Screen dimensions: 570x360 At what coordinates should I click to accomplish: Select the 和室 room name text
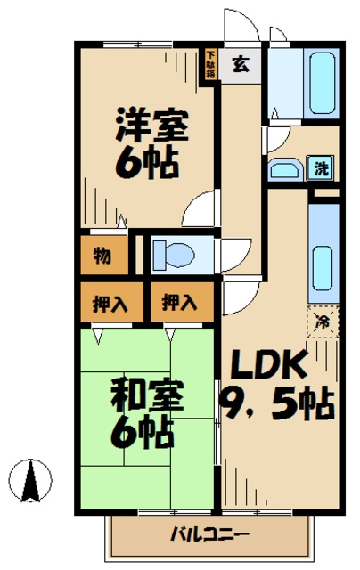pyautogui.click(x=149, y=395)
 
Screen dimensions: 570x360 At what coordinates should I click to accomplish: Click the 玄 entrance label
pyautogui.click(x=240, y=63)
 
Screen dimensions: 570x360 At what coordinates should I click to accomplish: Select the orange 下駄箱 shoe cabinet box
pyautogui.click(x=210, y=65)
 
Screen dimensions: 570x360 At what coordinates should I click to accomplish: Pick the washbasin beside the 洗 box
pyautogui.click(x=285, y=170)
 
